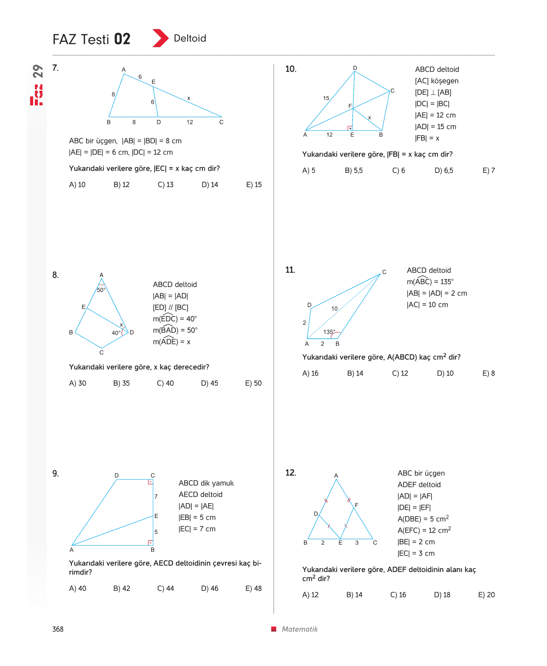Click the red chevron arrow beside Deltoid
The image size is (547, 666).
(x=160, y=38)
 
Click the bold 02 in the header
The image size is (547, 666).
(x=122, y=39)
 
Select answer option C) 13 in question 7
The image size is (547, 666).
(x=165, y=184)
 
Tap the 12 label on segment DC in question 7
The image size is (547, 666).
(x=189, y=122)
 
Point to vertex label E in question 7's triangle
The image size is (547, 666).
(x=154, y=82)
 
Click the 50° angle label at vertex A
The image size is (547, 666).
(x=101, y=290)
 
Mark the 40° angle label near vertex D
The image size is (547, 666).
(x=116, y=332)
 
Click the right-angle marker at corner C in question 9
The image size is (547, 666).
(x=150, y=482)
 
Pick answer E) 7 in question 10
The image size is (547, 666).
(x=488, y=170)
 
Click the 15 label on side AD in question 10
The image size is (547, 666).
(x=326, y=98)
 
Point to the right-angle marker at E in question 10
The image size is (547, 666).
(x=350, y=128)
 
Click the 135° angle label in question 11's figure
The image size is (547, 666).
(x=329, y=332)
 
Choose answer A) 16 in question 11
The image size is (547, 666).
(x=310, y=373)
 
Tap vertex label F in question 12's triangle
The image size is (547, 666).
(x=356, y=505)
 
